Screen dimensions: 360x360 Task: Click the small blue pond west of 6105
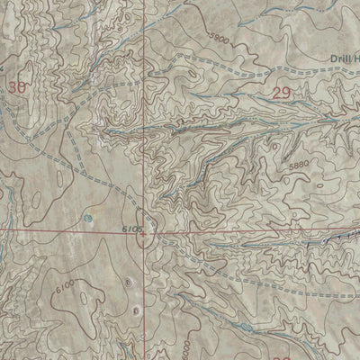click(x=87, y=219)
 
